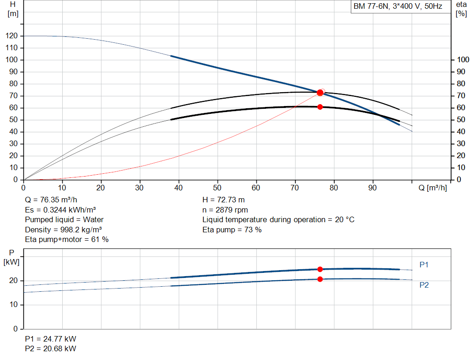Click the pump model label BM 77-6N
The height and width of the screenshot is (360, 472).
coord(371,6)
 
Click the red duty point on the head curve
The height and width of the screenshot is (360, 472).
coord(320,92)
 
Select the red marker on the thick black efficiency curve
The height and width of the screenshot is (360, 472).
coord(320,107)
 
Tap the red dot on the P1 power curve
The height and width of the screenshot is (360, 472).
coord(320,269)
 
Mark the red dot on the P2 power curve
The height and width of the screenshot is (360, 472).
coord(320,279)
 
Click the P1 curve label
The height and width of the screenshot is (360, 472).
coord(424,265)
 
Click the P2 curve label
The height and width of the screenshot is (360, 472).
coord(424,285)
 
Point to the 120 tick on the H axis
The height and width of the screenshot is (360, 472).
coord(12,36)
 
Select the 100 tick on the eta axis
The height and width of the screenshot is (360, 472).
coord(463,59)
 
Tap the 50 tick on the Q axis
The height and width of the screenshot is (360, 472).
coord(217,188)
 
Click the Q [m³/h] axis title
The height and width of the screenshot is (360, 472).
coord(432,188)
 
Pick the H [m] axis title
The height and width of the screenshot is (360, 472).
coord(13,9)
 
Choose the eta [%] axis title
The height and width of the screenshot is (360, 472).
coord(461,9)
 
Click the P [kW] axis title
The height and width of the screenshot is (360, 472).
coord(12,257)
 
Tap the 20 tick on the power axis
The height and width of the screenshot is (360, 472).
coord(13,281)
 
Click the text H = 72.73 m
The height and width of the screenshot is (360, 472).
coord(224,200)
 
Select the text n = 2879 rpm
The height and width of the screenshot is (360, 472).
coord(225,210)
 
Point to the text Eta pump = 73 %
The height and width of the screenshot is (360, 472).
coord(232,230)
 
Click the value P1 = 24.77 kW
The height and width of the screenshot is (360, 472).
coord(51,339)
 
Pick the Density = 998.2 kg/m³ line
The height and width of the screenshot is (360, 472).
coord(63,230)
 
